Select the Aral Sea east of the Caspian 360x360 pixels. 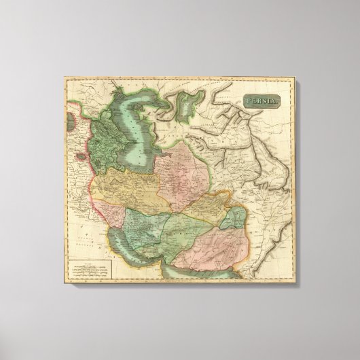(x=186, y=108)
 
